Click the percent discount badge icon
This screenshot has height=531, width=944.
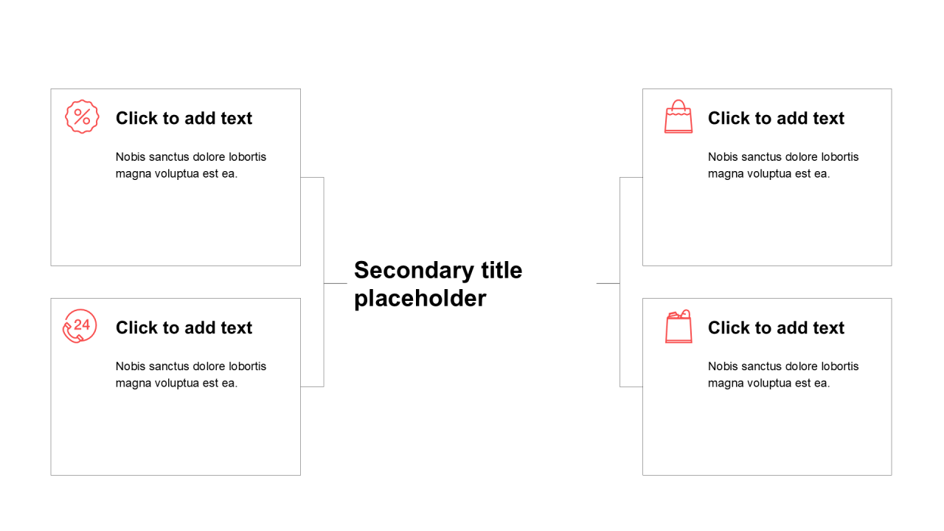click(x=82, y=117)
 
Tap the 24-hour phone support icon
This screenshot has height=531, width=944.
click(x=80, y=326)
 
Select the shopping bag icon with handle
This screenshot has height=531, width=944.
click(x=678, y=117)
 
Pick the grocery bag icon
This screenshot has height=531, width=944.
click(x=678, y=326)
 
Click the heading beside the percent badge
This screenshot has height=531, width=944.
click(x=184, y=118)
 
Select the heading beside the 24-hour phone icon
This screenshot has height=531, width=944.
click(x=184, y=327)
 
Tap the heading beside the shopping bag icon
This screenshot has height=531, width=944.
click(x=776, y=118)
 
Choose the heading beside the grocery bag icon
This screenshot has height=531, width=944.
click(x=776, y=327)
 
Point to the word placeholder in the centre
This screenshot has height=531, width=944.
click(x=420, y=299)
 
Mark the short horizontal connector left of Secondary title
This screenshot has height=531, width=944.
click(x=336, y=283)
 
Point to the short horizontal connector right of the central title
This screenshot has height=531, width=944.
click(x=608, y=283)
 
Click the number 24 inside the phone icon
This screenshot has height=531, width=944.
click(x=82, y=324)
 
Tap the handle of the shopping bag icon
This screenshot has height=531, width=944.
click(x=678, y=105)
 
